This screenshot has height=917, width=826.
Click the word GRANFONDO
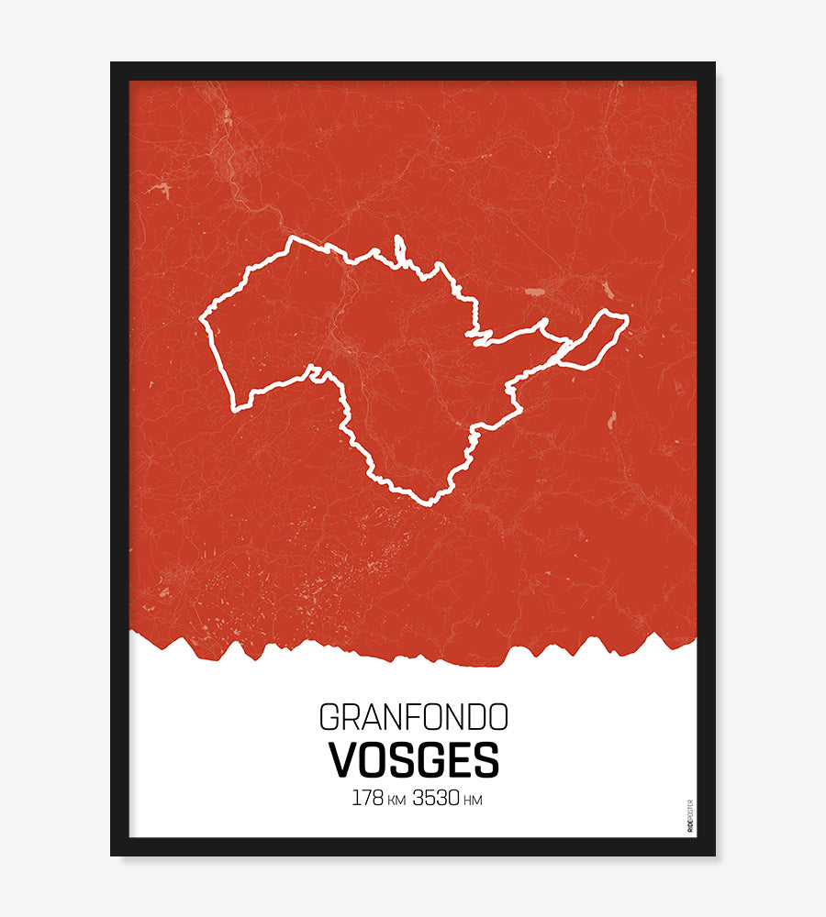pos(413,716)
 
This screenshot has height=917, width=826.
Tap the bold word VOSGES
pos(413,759)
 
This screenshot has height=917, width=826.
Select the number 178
pos(367,799)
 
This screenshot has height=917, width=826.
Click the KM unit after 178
pos(396,801)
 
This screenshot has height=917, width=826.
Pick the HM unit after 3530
pos(473,801)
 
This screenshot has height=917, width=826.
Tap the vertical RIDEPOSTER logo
pos(689,815)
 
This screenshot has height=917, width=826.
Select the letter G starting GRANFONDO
pos(329,716)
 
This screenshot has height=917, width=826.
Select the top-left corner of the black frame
pos(112,63)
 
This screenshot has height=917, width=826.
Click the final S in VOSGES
pos(486,759)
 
